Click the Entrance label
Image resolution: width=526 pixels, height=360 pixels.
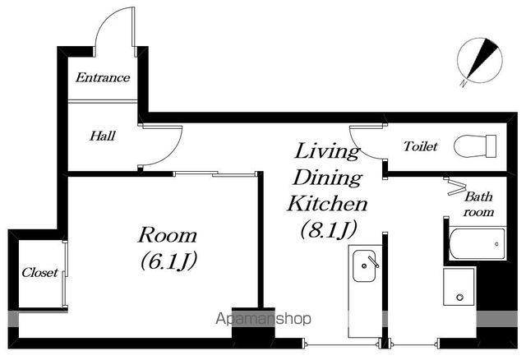click(103, 78)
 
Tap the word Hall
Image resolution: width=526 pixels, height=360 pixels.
click(103, 136)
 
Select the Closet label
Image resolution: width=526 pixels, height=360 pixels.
click(39, 272)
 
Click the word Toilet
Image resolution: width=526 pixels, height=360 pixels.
click(420, 146)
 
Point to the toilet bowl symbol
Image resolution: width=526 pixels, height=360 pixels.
click(475, 146)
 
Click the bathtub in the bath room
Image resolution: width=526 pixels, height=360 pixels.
click(477, 244)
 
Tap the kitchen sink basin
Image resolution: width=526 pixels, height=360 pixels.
click(364, 266)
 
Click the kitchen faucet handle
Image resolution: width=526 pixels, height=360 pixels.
click(373, 261)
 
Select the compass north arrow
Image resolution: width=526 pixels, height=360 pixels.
click(482, 58)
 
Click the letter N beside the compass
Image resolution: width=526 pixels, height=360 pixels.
click(464, 83)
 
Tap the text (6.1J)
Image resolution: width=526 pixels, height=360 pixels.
click(168, 261)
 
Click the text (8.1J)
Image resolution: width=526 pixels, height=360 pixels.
click(328, 230)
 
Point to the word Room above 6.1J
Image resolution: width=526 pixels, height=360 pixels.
click(168, 235)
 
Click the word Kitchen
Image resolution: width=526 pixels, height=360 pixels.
click(327, 204)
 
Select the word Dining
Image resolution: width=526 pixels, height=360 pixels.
click(327, 178)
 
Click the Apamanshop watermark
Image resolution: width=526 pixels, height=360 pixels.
click(263, 319)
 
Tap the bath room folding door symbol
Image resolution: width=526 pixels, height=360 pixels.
click(454, 187)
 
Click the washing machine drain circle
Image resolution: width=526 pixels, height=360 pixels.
click(459, 297)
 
